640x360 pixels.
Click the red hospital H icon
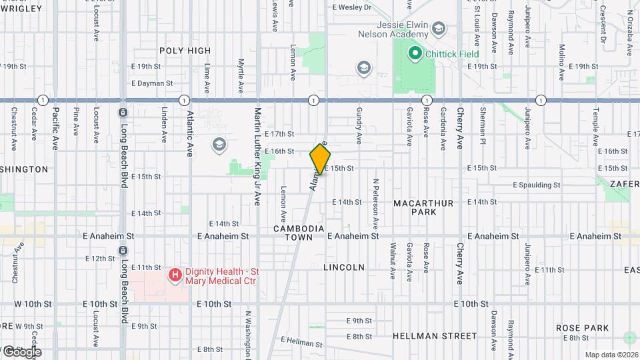click(175, 275)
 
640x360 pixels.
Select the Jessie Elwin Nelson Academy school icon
click(438, 28)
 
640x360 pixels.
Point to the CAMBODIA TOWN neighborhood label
click(299, 233)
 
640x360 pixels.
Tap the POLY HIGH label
click(185, 51)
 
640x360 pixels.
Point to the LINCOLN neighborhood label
click(344, 267)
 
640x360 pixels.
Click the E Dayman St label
click(152, 84)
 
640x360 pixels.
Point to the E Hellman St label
click(301, 342)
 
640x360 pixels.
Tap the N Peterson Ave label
click(376, 202)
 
